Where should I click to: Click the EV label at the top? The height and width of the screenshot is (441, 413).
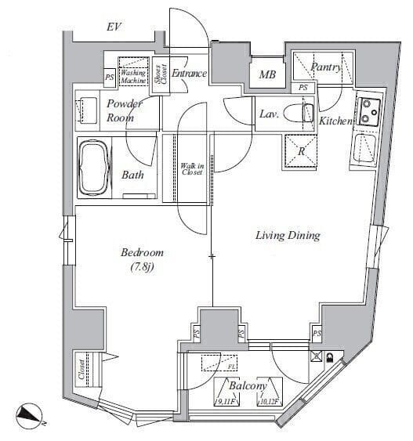(x=114, y=27)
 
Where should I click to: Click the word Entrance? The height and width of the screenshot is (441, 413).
(x=188, y=74)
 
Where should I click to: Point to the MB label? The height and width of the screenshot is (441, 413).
(x=266, y=76)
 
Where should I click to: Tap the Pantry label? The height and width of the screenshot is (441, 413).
(x=325, y=68)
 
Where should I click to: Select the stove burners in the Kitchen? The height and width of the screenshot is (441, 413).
(x=368, y=112)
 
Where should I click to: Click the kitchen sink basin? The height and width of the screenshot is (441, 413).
(x=364, y=147)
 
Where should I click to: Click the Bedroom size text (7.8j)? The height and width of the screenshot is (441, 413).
(x=142, y=269)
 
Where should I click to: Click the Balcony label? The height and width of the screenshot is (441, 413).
(x=248, y=386)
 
